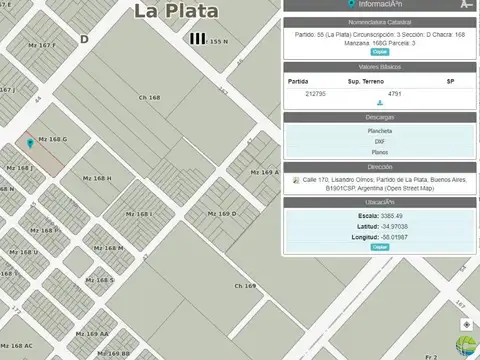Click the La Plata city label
click(x=178, y=11)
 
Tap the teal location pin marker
click(x=30, y=144)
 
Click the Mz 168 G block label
click(x=53, y=139)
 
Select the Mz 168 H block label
click(x=97, y=178)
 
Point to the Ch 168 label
click(x=149, y=97)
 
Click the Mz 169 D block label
click(x=222, y=213)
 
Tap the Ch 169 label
click(x=245, y=286)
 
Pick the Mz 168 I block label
click(x=138, y=213)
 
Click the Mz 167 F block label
click(x=40, y=45)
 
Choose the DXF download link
click(x=379, y=142)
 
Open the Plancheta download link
click(x=379, y=130)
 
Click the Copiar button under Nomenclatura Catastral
click(x=380, y=51)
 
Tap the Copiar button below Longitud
click(x=380, y=246)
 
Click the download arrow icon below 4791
click(x=380, y=102)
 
